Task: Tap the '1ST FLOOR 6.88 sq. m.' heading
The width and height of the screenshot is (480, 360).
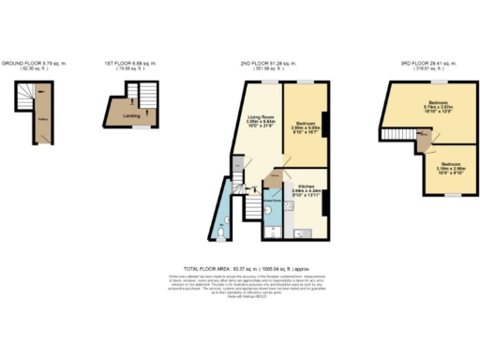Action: coord(128,63)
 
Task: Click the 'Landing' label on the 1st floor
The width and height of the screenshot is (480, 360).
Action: coord(120,115)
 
